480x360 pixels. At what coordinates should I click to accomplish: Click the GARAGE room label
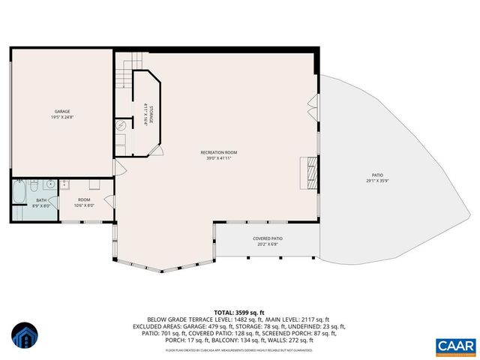[x=62, y=110]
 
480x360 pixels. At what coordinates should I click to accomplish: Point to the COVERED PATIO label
[x=268, y=238]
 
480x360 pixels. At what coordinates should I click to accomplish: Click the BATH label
[x=41, y=200]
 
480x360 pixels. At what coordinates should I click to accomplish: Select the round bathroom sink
[x=49, y=184]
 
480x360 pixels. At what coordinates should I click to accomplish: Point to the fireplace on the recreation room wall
[x=307, y=172]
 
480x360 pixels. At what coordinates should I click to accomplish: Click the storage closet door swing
[x=157, y=150]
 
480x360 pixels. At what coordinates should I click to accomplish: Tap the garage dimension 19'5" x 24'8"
[x=62, y=116]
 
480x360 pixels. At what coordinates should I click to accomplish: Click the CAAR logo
[x=455, y=346]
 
